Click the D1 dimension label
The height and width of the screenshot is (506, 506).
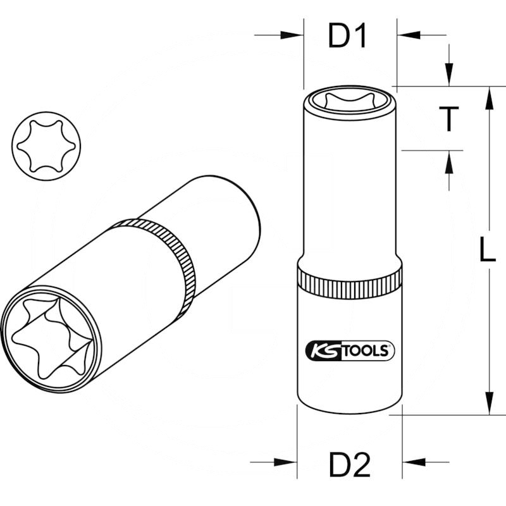(x=347, y=37)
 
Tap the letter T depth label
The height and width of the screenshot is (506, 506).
(x=448, y=119)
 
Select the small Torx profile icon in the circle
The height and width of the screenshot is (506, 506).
(x=41, y=145)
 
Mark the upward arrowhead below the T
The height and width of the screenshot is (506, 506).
(x=448, y=163)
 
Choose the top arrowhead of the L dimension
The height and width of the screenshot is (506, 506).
(x=489, y=99)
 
